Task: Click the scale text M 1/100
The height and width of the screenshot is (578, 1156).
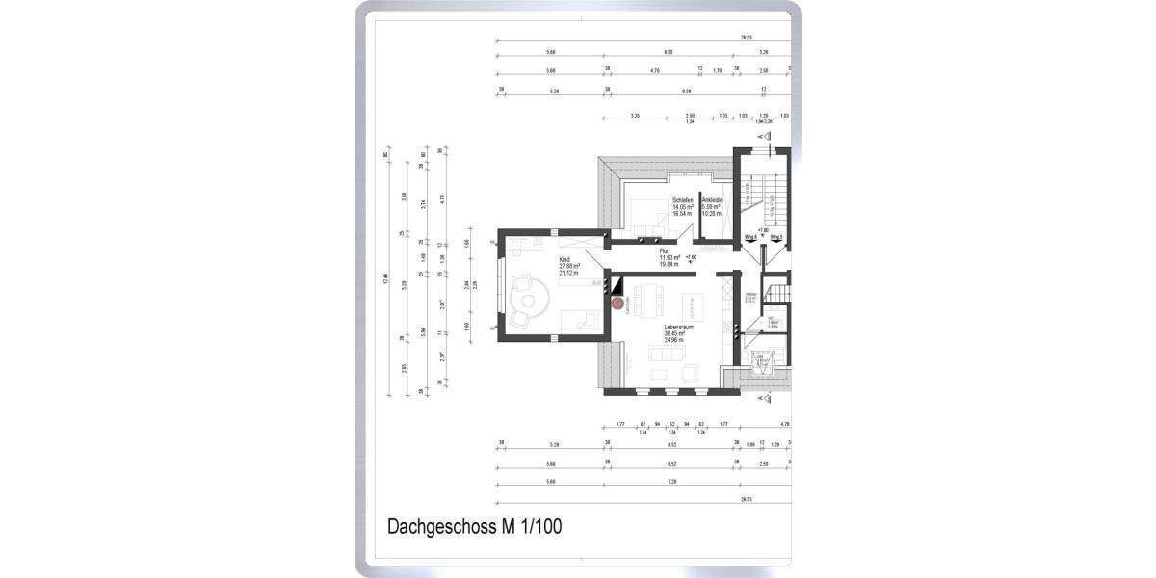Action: click(x=531, y=527)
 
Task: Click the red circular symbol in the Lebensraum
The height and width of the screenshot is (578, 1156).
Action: click(x=618, y=302)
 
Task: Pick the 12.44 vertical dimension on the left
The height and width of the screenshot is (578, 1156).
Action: click(x=386, y=279)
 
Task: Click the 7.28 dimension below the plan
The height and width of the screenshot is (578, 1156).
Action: click(x=671, y=482)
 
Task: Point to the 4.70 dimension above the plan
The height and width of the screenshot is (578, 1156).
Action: click(x=655, y=70)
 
